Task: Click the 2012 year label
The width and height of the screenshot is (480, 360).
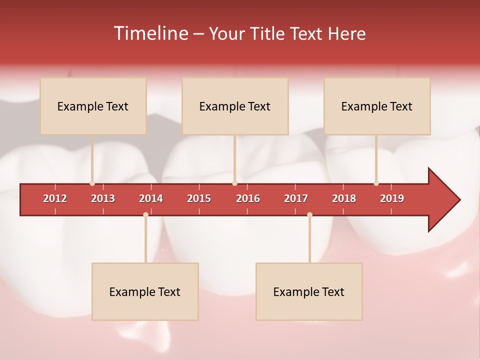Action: point(55,198)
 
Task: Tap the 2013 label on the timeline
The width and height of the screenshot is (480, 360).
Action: point(103,198)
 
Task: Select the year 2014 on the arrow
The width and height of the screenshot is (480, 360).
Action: point(151,198)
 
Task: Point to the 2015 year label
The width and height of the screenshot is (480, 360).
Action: point(199,198)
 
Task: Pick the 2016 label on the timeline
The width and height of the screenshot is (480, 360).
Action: point(248,198)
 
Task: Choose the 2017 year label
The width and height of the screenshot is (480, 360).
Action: point(296,198)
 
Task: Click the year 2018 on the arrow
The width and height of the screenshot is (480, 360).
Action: point(344,198)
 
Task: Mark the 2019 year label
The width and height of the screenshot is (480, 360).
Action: point(392,198)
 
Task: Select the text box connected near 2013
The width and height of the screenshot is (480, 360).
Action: point(93,106)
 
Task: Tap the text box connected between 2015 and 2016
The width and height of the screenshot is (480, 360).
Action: point(235,106)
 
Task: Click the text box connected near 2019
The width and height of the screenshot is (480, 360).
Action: point(377,106)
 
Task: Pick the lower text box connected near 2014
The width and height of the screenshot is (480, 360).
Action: point(145,291)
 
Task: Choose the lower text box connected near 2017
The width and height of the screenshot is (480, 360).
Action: point(309,291)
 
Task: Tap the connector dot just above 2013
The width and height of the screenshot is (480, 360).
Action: point(92,183)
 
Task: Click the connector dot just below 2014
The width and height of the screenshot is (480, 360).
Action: point(145,214)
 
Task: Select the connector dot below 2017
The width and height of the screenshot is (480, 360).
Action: point(309,214)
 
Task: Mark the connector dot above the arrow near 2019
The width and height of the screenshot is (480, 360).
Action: point(376,183)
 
